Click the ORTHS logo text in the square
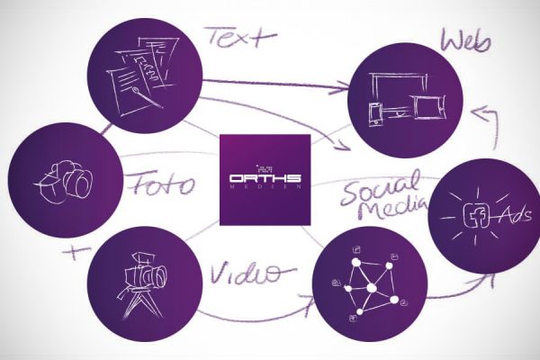tap(265, 174)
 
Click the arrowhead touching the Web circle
tap(347, 89)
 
